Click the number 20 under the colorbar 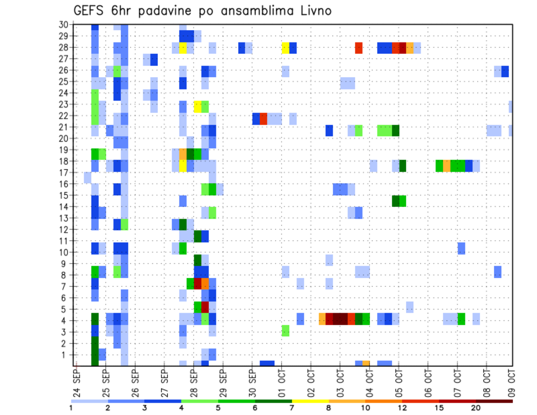(x=476, y=408)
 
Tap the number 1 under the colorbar (x=71, y=408)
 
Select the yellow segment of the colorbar (x=310, y=400)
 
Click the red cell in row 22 (x=263, y=119)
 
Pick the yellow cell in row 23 (x=197, y=105)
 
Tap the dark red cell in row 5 (x=205, y=307)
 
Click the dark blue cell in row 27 (x=154, y=59)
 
